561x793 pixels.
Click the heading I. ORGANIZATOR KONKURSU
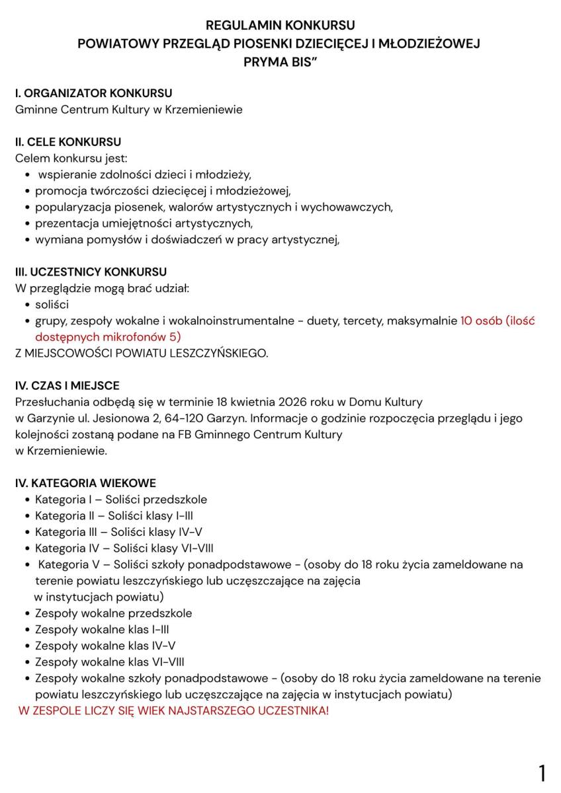[x=94, y=93]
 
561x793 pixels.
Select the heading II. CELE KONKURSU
[x=68, y=142]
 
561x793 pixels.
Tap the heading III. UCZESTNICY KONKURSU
[x=91, y=272]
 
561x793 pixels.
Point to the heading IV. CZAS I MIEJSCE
[x=67, y=385]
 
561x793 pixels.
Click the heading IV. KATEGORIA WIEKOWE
[x=85, y=483]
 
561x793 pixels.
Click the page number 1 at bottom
[x=542, y=773]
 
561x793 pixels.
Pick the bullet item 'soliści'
[x=52, y=305]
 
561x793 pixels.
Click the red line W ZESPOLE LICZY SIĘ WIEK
[x=173, y=711]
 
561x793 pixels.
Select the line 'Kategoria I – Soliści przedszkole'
[x=121, y=500]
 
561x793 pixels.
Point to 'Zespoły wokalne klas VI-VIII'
[x=109, y=661]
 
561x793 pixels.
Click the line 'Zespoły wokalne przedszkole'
[x=113, y=613]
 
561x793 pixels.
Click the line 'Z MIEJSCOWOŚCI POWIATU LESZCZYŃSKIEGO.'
[x=142, y=353]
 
